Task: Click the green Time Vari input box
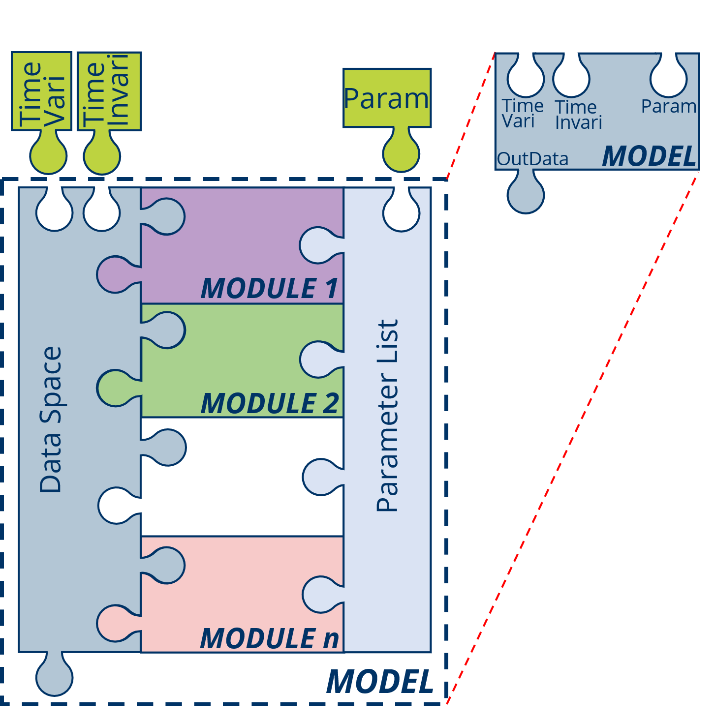pos(42,91)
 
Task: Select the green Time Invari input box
pos(109,91)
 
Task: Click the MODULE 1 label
pos(270,288)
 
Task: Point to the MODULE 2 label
pos(270,403)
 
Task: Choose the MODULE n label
pos(270,638)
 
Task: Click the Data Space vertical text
pos(51,420)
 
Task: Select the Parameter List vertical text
pos(387,416)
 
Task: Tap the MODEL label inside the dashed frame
pos(380,682)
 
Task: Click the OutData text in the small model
pos(532,159)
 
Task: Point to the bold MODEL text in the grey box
pos(649,156)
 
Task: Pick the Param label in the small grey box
pos(669,106)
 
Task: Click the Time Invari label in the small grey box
pos(578,115)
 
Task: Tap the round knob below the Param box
pos(401,153)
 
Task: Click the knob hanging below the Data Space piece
pos(54,677)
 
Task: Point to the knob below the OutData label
pos(526,195)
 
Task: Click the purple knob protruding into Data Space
pos(115,274)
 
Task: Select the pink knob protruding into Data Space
pos(115,623)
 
